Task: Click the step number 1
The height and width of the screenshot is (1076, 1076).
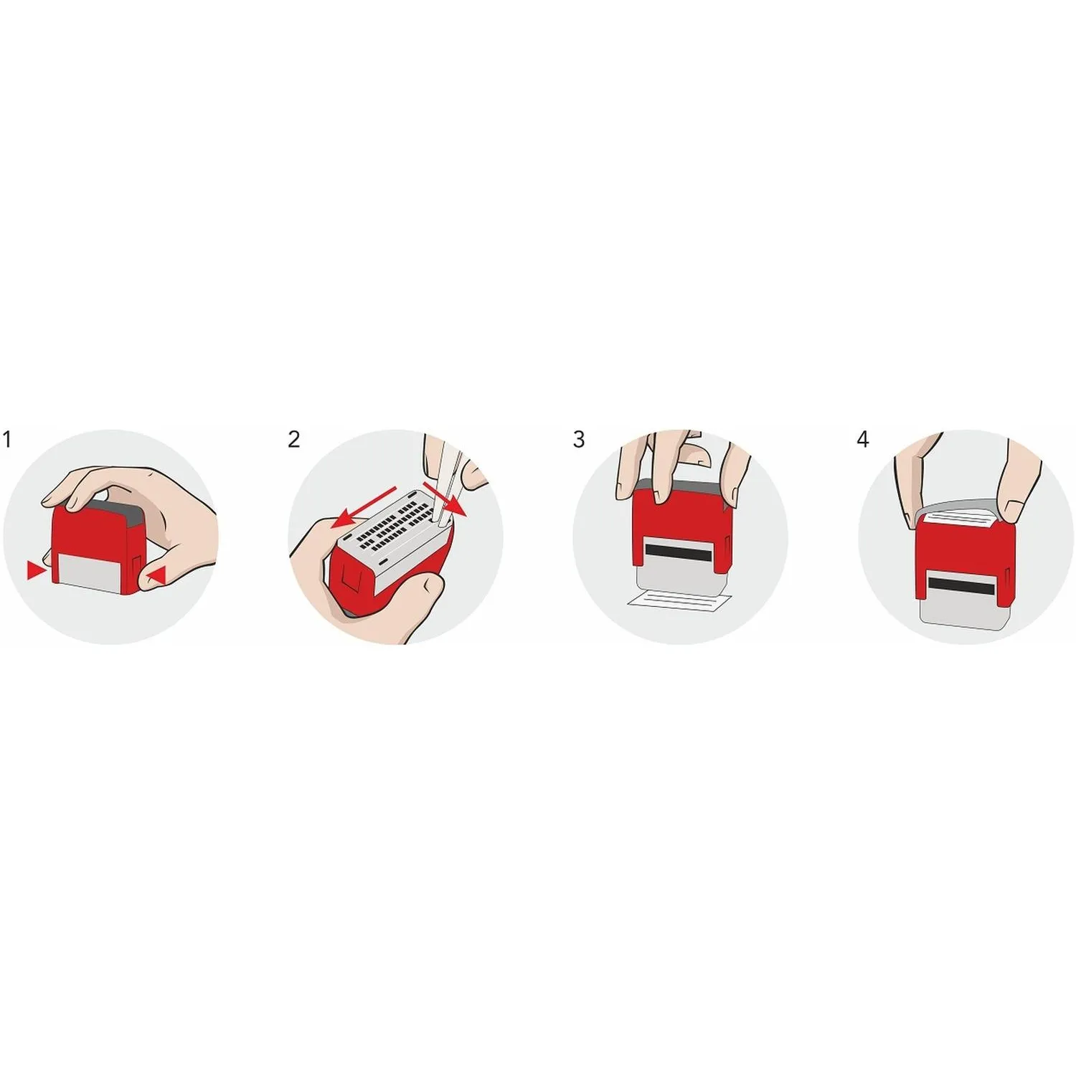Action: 7,439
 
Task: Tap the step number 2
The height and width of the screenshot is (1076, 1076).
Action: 293,439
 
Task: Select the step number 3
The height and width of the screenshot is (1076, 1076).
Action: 579,439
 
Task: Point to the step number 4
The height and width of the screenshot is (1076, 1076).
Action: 863,439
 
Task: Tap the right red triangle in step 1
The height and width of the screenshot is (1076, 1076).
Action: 157,575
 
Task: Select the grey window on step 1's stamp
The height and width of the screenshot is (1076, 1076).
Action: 91,572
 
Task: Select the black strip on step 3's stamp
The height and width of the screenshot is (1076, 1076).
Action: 679,551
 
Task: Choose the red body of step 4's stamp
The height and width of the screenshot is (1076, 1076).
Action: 962,560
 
